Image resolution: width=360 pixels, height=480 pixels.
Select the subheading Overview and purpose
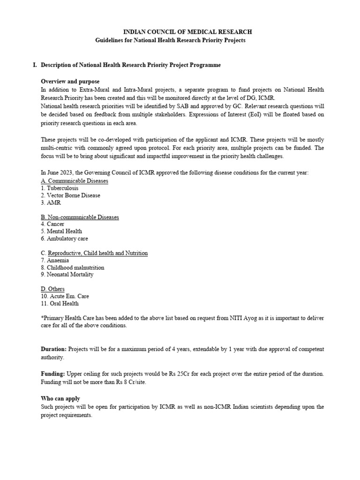coord(70,82)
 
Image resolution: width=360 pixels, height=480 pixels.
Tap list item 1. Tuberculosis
coord(60,188)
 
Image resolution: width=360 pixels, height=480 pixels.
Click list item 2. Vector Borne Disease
coord(70,195)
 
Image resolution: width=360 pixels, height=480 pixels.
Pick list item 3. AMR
coord(51,202)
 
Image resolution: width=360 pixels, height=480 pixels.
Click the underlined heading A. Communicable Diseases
coord(75,180)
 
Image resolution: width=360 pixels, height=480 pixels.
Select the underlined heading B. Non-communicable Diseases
coord(80,217)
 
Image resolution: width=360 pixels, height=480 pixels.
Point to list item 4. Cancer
coord(52,224)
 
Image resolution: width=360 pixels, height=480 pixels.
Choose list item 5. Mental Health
coord(61,232)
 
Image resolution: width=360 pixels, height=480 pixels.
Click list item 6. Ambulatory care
coord(64,239)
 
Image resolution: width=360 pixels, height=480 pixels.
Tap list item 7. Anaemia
coord(55,260)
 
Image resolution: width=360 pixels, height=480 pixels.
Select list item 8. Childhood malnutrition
coord(73,268)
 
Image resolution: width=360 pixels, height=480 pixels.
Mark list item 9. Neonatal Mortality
coord(67,275)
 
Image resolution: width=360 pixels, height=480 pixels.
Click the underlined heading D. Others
coord(52,289)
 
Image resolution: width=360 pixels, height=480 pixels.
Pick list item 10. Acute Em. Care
coord(65,296)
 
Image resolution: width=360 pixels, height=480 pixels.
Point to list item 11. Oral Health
coord(60,304)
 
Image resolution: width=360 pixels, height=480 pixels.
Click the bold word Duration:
coord(54,349)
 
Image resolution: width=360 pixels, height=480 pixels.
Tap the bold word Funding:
coord(53,374)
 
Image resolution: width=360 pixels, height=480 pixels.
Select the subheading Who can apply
coord(60,398)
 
